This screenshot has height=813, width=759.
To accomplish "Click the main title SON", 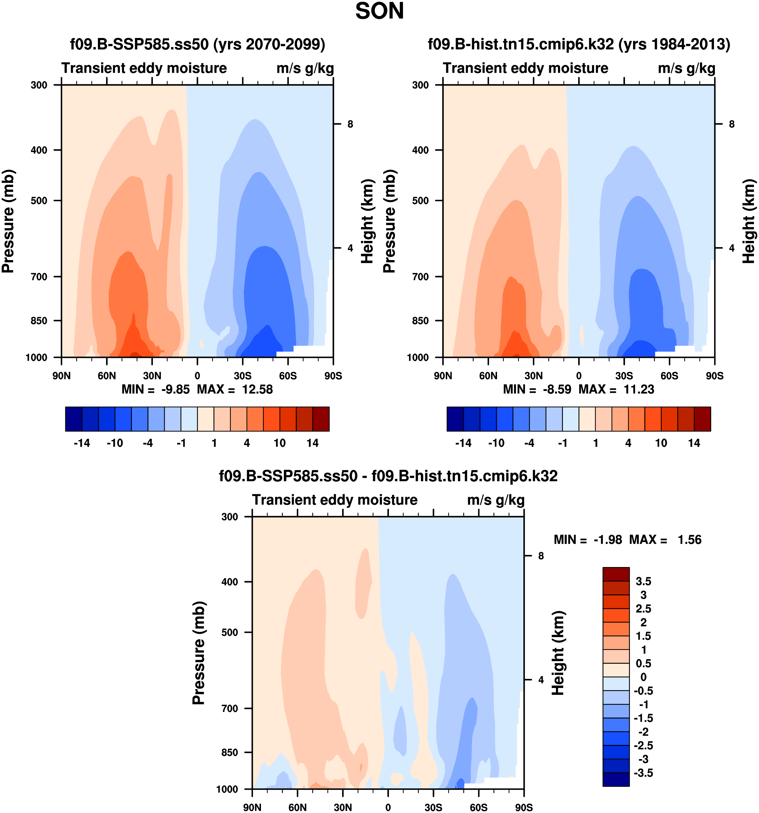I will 379,11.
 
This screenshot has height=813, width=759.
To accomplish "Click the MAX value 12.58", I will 257,389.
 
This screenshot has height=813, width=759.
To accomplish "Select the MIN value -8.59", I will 557,389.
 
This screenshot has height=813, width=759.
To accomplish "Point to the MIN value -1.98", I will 608,540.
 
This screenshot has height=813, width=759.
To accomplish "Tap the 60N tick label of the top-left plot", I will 107,376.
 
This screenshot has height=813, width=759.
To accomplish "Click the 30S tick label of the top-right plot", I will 624,376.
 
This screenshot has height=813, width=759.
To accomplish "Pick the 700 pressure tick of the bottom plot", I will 229,708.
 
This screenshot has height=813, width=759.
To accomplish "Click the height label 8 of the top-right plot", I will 732,124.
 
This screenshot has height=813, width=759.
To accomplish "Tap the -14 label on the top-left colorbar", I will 82,443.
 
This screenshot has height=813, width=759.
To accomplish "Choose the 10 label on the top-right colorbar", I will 661,443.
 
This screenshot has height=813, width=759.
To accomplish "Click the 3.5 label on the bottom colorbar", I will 643,582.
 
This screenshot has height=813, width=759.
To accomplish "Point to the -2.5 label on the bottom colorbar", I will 643,746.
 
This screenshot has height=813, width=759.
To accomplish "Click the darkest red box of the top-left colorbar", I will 321,419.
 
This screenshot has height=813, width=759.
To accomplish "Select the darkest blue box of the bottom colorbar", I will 616,779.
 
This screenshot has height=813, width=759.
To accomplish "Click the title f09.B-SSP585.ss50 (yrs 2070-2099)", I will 197,44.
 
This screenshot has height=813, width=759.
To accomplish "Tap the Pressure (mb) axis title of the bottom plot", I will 199,653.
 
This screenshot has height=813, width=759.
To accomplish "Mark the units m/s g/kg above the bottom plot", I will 495,500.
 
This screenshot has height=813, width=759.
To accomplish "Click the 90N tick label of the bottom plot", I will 252,807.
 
